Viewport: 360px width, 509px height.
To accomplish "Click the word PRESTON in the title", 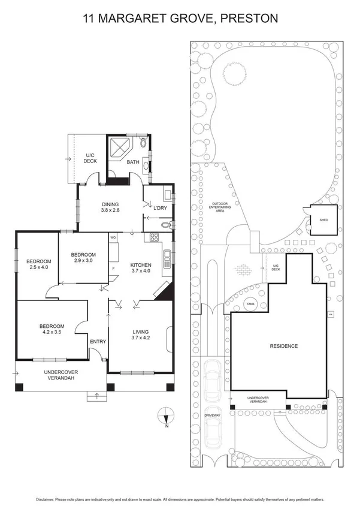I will (x=250, y=19).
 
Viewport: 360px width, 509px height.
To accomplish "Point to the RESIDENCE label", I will (x=283, y=347).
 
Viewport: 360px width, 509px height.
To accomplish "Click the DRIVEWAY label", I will (x=213, y=414).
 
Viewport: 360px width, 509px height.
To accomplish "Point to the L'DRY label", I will (x=159, y=207).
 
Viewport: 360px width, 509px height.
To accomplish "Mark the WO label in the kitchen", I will (x=113, y=237).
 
